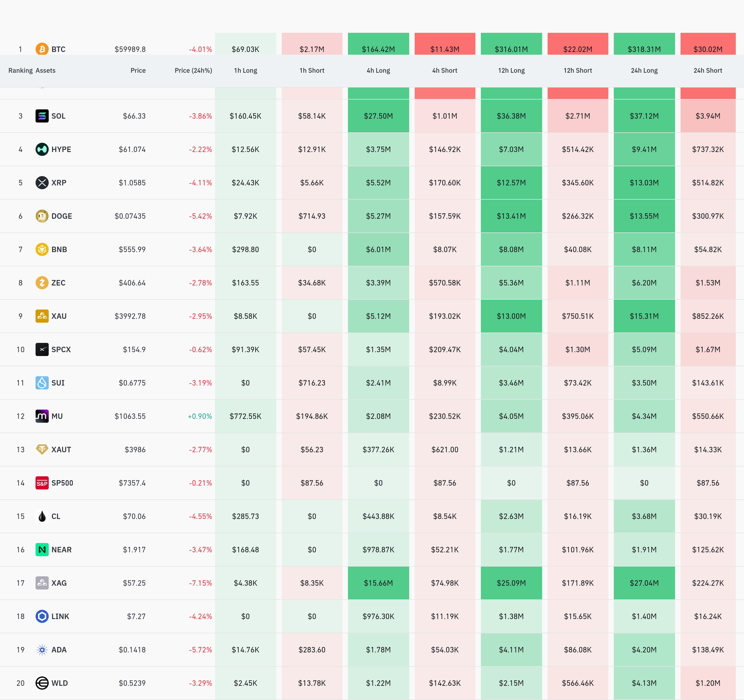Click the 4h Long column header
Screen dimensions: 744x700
[378, 70]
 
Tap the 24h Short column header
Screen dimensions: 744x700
[707, 70]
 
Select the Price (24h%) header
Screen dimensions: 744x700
[193, 70]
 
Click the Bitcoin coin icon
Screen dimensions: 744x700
[42, 49]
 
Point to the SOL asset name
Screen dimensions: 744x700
[58, 116]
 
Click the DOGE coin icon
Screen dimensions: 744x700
[42, 216]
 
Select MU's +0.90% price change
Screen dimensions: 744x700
[200, 416]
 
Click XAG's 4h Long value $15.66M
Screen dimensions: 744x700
[378, 583]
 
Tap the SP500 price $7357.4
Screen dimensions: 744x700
[132, 483]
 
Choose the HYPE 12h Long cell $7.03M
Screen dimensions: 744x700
[511, 149]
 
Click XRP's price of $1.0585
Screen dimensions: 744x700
[132, 183]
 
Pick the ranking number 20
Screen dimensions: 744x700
[21, 683]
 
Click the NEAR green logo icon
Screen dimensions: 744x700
[42, 550]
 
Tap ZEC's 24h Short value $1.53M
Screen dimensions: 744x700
[708, 283]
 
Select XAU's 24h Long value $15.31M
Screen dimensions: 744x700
[644, 316]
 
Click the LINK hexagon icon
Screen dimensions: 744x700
[42, 616]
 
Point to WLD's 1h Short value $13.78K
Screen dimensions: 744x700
[312, 683]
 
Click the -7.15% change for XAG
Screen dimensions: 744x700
[200, 583]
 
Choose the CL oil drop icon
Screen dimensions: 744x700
[42, 516]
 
